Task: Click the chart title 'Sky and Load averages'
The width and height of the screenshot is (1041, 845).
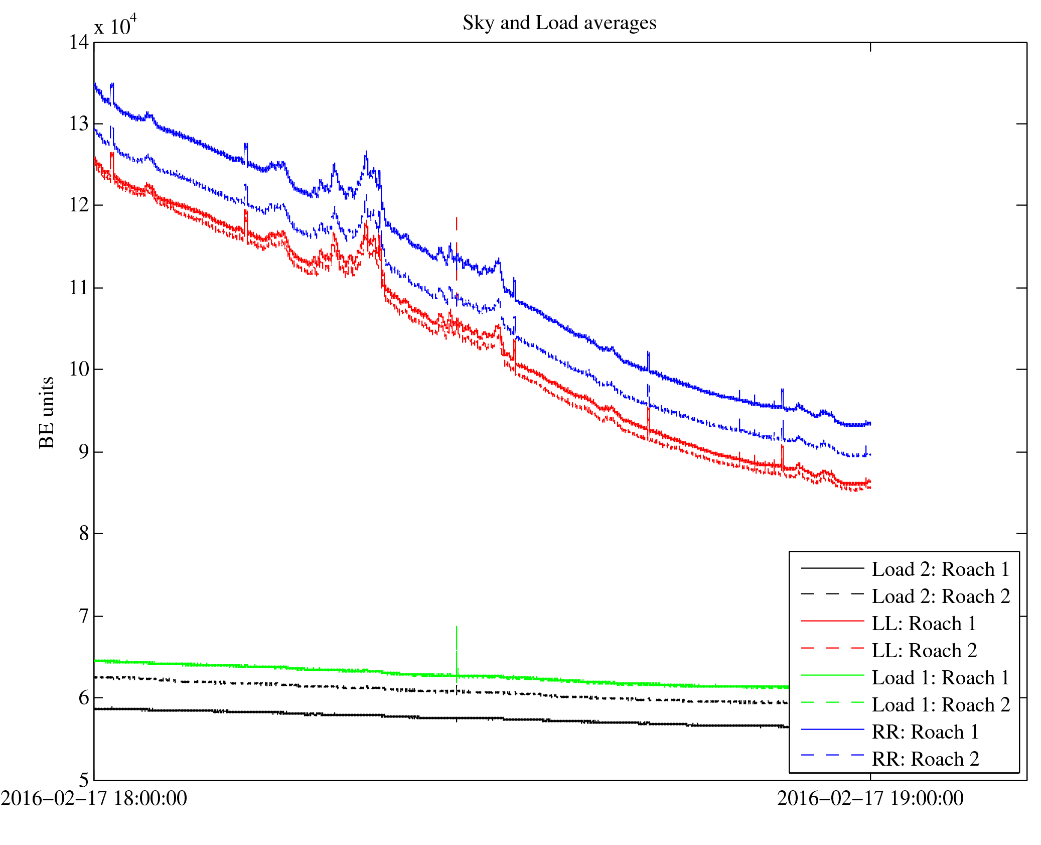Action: (x=559, y=23)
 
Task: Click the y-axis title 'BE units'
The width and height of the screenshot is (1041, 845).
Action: (x=47, y=412)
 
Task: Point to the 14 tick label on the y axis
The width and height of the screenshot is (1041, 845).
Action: (x=79, y=42)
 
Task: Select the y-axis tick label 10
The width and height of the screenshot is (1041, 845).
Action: (x=79, y=370)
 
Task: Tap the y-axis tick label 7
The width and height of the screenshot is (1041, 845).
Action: (x=84, y=616)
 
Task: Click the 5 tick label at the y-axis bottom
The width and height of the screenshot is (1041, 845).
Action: (x=84, y=780)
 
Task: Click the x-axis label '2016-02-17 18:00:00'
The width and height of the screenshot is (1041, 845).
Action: (x=94, y=798)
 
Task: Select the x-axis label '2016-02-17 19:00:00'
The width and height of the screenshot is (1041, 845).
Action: (x=870, y=798)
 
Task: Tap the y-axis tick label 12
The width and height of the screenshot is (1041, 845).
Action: (x=79, y=205)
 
